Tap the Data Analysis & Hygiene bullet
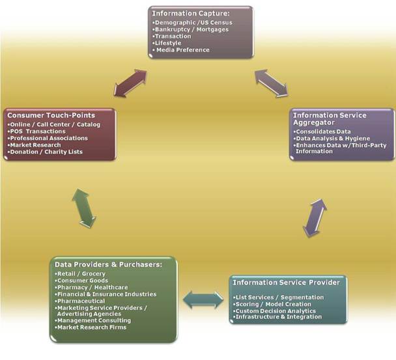click(x=332, y=139)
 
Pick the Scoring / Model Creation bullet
click(x=274, y=304)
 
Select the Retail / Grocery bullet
click(x=81, y=274)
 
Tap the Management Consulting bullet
click(x=94, y=320)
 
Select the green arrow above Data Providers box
click(x=85, y=208)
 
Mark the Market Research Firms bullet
click(x=91, y=327)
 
